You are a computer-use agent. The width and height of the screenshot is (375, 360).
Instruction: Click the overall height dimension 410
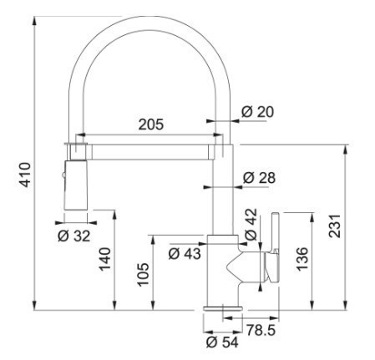click(x=26, y=175)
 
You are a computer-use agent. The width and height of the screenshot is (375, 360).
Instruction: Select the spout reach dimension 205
click(x=151, y=124)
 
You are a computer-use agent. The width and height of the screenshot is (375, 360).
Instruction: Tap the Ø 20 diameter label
click(x=257, y=112)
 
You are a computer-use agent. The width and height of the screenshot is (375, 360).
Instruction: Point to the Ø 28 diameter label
click(x=259, y=178)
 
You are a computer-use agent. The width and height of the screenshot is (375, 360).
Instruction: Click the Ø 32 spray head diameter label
click(x=74, y=236)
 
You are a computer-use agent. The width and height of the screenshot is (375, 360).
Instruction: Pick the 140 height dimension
click(x=105, y=259)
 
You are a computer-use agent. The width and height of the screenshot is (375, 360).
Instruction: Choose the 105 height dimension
click(x=143, y=274)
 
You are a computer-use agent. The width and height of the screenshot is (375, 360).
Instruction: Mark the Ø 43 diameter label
click(x=185, y=253)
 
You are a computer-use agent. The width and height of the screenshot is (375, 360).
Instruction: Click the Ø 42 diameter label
click(x=251, y=224)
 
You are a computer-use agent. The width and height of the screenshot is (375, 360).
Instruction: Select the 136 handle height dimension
click(x=302, y=259)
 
